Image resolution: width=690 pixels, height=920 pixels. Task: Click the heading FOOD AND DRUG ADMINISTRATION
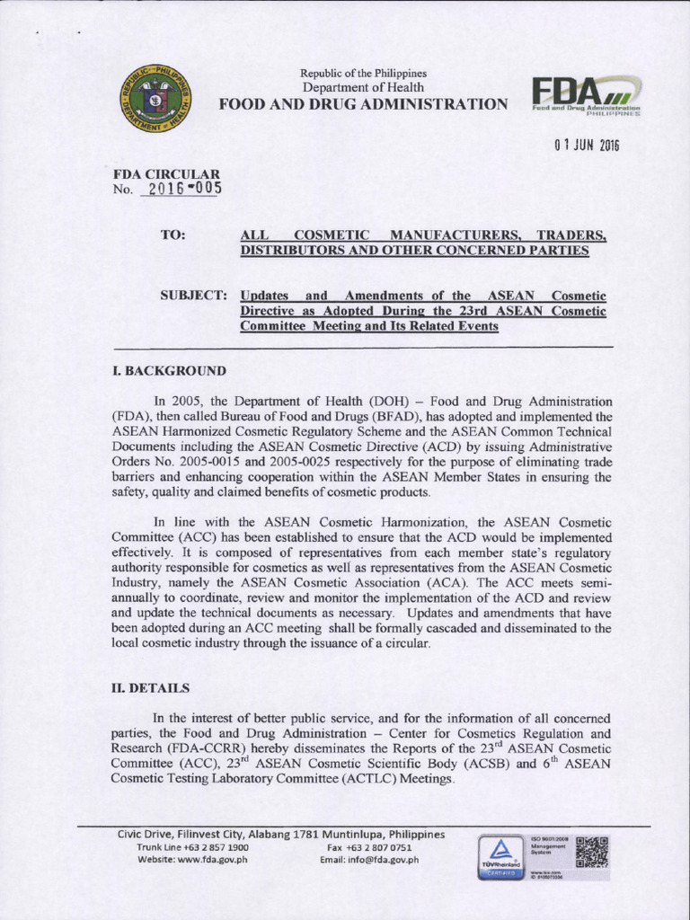pyautogui.click(x=363, y=104)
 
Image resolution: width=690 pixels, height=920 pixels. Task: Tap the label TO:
pyautogui.click(x=172, y=234)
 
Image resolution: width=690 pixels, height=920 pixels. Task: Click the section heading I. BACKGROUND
pyautogui.click(x=169, y=371)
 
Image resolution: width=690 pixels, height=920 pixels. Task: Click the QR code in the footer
pyautogui.click(x=591, y=851)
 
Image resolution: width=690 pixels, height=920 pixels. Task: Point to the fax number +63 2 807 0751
pyautogui.click(x=381, y=846)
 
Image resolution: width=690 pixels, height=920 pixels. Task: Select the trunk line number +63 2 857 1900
pyautogui.click(x=217, y=846)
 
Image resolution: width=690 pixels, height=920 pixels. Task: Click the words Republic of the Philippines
pyautogui.click(x=363, y=73)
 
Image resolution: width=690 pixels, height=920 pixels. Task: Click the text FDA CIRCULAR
pyautogui.click(x=166, y=174)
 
